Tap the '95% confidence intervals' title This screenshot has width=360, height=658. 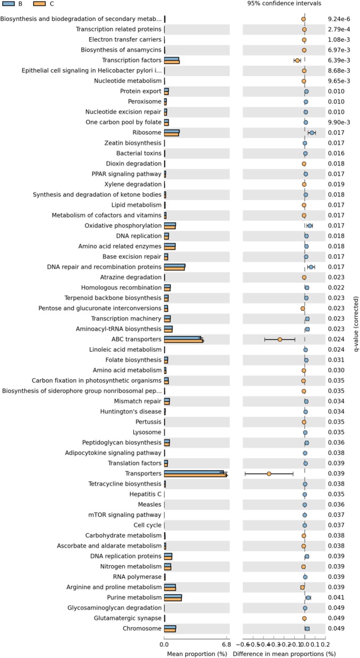pos(284,4)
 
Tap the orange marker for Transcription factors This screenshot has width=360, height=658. pos(297,60)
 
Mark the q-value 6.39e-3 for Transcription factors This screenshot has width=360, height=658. pos(338,60)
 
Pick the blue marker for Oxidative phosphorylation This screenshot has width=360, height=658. pos(310,226)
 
